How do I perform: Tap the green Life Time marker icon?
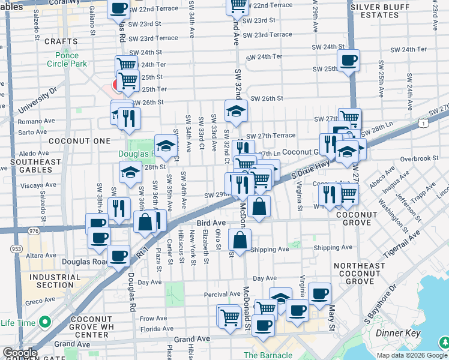(44, 323)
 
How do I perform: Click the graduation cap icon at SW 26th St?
(237, 110)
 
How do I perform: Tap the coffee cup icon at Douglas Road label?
(119, 256)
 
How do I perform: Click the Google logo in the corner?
(20, 353)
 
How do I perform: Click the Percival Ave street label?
(221, 294)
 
